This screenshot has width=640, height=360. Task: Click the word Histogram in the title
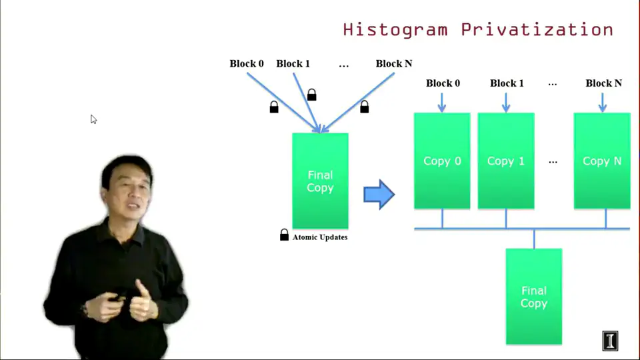[395, 30]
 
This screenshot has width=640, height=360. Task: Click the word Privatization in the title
[537, 29]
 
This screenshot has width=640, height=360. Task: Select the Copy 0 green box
[442, 161]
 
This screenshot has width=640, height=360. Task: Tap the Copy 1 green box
[506, 161]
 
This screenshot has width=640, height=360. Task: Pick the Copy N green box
[602, 161]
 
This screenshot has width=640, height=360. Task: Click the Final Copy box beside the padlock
[321, 181]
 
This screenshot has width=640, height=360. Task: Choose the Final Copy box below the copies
[534, 297]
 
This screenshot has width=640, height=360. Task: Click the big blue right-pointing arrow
[379, 194]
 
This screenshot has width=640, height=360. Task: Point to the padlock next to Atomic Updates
[284, 235]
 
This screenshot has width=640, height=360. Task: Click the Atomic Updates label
[320, 237]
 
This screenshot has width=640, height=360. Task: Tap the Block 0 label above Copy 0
[443, 83]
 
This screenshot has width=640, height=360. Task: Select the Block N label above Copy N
[604, 83]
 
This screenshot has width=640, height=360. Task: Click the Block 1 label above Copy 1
[507, 83]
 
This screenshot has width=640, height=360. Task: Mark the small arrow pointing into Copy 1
[506, 103]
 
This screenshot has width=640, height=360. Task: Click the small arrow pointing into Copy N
[603, 103]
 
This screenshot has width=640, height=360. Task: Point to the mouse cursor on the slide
[93, 119]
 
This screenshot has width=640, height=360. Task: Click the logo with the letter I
[610, 341]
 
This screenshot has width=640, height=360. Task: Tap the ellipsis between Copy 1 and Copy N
[553, 162]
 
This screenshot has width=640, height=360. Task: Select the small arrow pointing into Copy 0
[441, 103]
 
